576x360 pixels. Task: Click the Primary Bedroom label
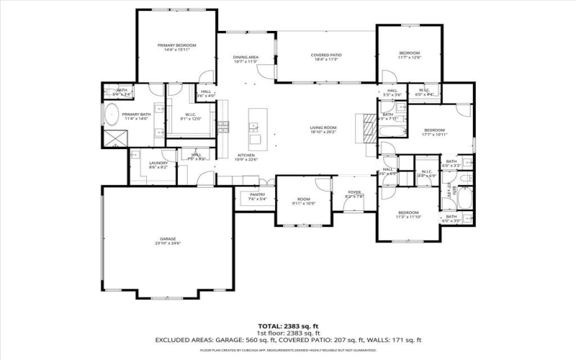[x=177, y=45]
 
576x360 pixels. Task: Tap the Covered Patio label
[x=325, y=55]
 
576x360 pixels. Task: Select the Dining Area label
[x=246, y=58]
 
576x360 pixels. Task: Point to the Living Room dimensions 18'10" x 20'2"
[x=323, y=132]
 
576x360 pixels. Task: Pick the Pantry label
[x=257, y=194]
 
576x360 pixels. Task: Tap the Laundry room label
[x=159, y=163]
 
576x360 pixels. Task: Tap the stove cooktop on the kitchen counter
[x=223, y=127]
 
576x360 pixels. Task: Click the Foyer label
[x=354, y=192]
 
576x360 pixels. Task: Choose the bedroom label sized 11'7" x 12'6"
[x=409, y=53]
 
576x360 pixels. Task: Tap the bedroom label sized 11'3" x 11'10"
[x=408, y=212]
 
